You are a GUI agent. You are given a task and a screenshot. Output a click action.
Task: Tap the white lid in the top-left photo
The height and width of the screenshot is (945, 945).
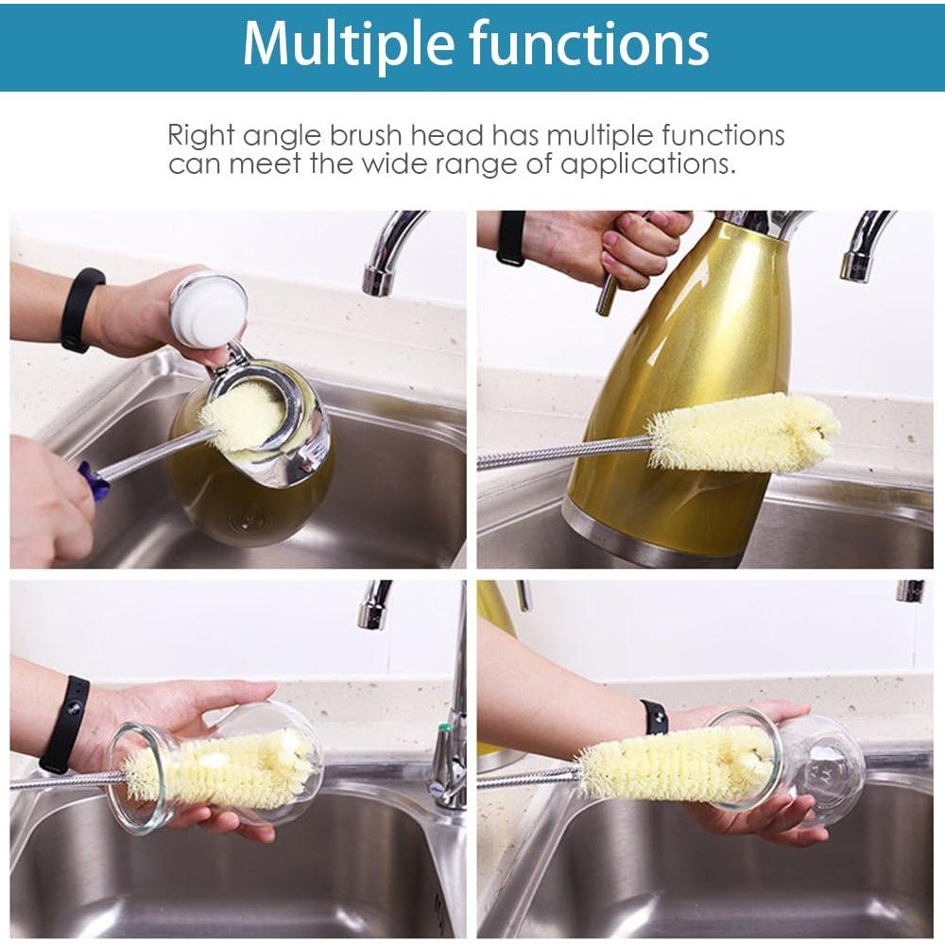[208, 309]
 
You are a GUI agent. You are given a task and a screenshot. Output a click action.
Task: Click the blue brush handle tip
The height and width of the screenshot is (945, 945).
[92, 479]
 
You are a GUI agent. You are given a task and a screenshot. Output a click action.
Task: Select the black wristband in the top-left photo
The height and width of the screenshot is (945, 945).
[80, 309]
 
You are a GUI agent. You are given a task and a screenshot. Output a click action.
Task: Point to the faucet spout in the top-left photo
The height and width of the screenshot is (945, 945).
[389, 250]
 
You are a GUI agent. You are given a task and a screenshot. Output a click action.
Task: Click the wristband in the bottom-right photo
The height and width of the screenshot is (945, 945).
[654, 717]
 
